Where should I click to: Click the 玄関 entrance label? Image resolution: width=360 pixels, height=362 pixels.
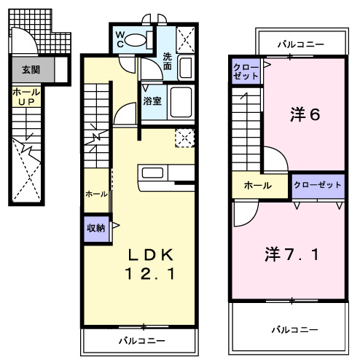click(31, 70)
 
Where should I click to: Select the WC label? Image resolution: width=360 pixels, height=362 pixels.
click(119, 39)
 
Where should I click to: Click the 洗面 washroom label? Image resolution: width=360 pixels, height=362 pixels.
click(167, 61)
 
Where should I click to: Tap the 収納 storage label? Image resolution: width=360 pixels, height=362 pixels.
click(95, 228)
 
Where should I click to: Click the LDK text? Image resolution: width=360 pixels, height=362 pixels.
click(152, 255)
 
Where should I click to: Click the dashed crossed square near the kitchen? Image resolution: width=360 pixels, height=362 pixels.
click(184, 137)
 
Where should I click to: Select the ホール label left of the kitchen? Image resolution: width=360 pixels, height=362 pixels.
click(96, 194)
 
